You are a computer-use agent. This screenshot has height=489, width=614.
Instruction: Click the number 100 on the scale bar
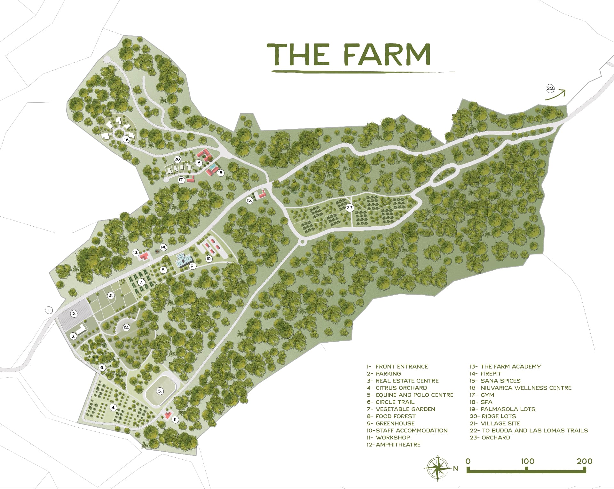pyautogui.click(x=527, y=461)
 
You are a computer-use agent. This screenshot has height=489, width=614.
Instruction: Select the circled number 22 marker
pyautogui.click(x=550, y=89)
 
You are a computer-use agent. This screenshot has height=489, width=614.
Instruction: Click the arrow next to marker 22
pyautogui.click(x=556, y=95)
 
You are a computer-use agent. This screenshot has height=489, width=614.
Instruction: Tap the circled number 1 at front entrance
pyautogui.click(x=49, y=310)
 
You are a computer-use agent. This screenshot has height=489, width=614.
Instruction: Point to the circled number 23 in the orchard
pyautogui.click(x=350, y=208)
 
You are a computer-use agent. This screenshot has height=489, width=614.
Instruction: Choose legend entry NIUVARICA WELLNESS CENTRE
pyautogui.click(x=526, y=388)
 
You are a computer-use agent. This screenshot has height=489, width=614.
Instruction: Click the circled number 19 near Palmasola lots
pyautogui.click(x=126, y=139)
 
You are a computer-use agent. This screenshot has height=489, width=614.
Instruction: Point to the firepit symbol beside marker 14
pyautogui.click(x=157, y=252)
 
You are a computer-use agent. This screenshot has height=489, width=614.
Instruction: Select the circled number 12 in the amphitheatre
pyautogui.click(x=126, y=327)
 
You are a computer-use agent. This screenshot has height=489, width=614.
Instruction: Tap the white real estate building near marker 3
pyautogui.click(x=81, y=329)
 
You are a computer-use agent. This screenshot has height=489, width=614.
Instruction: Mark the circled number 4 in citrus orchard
pyautogui.click(x=113, y=407)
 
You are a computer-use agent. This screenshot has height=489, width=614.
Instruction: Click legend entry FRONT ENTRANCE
pyautogui.click(x=401, y=367)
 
